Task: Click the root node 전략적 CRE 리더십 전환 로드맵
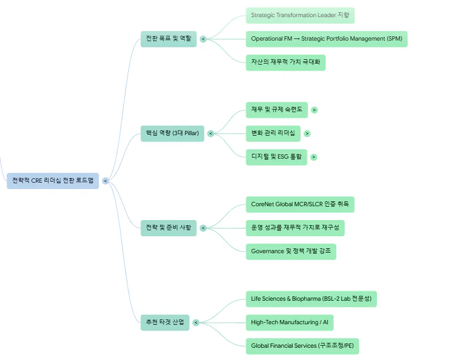pyautogui.click(x=53, y=181)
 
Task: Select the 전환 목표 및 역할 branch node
pyautogui.click(x=169, y=39)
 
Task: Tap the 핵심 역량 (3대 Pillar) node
pyautogui.click(x=172, y=134)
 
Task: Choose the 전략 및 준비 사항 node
pyautogui.click(x=169, y=228)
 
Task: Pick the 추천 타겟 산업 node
pyautogui.click(x=165, y=323)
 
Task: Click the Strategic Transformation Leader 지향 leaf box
pyautogui.click(x=300, y=15)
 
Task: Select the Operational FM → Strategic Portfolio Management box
pyautogui.click(x=327, y=39)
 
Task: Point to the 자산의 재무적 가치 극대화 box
pyautogui.click(x=286, y=62)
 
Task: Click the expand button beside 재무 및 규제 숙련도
pyautogui.click(x=314, y=110)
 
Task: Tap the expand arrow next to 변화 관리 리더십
pyautogui.click(x=307, y=134)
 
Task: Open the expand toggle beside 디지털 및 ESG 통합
pyautogui.click(x=313, y=157)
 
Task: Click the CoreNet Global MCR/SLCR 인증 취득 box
pyautogui.click(x=300, y=205)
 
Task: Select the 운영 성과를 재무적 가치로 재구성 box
pyautogui.click(x=295, y=228)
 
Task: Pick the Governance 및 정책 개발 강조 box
pyautogui.click(x=291, y=252)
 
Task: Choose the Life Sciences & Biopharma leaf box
pyautogui.click(x=311, y=299)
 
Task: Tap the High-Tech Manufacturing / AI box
pyautogui.click(x=289, y=323)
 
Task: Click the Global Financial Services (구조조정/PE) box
pyautogui.click(x=302, y=346)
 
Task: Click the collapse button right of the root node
pyautogui.click(x=106, y=181)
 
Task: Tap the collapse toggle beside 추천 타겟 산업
pyautogui.click(x=196, y=323)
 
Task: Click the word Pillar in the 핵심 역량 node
pyautogui.click(x=191, y=133)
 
